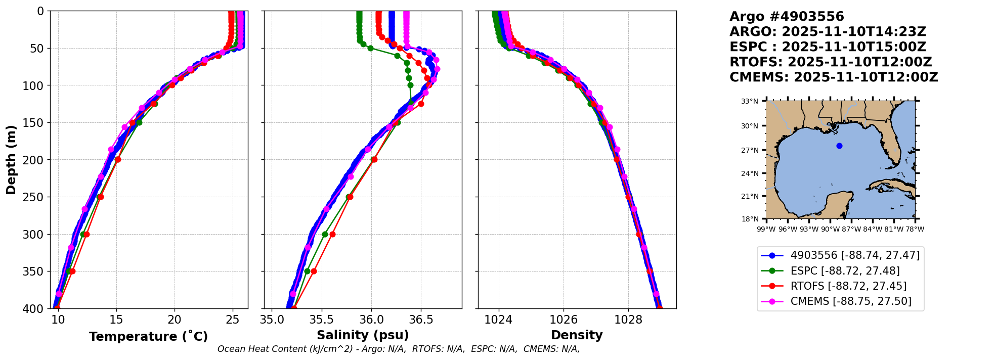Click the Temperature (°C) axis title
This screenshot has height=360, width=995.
pyautogui.click(x=148, y=337)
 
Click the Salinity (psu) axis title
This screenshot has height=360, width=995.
pyautogui.click(x=363, y=335)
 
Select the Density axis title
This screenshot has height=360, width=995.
pyautogui.click(x=577, y=335)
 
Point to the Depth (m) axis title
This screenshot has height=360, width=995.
pyautogui.click(x=11, y=160)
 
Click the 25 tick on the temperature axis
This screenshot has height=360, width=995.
pyautogui.click(x=232, y=320)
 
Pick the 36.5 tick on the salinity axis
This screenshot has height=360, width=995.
pyautogui.click(x=421, y=320)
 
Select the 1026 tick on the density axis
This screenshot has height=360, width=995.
pyautogui.click(x=564, y=320)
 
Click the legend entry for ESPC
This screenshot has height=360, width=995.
pyautogui.click(x=845, y=271)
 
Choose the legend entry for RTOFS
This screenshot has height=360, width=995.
pyautogui.click(x=848, y=286)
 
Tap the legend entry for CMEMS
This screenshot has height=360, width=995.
pyautogui.click(x=850, y=301)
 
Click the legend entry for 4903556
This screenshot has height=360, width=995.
pyautogui.click(x=854, y=255)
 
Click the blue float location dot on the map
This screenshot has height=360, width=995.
pyautogui.click(x=839, y=146)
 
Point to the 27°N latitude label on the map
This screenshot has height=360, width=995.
pyautogui.click(x=750, y=150)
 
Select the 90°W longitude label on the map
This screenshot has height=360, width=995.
pyautogui.click(x=830, y=229)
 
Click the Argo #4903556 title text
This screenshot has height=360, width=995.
pyautogui.click(x=787, y=17)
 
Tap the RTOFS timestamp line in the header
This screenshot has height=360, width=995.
pyautogui.click(x=831, y=62)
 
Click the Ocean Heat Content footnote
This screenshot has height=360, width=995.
pyautogui.click(x=399, y=349)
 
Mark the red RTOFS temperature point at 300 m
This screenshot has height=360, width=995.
pyautogui.click(x=86, y=234)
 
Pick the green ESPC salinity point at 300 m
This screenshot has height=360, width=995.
pyautogui.click(x=325, y=234)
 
